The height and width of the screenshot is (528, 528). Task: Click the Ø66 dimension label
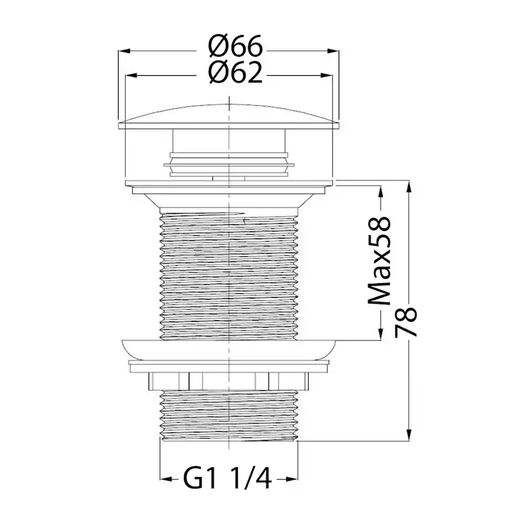(235, 47)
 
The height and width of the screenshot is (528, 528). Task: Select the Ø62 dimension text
(235, 72)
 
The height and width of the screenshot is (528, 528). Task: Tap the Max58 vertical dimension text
(379, 261)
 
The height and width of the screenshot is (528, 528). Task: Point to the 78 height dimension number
(406, 321)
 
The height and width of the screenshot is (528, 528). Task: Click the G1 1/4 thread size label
(228, 479)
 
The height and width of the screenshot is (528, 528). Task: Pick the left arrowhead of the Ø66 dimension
(124, 51)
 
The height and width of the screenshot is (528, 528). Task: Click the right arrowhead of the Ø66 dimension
(334, 51)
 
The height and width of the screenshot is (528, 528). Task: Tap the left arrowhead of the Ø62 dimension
(131, 76)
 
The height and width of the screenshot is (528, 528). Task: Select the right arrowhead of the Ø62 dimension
(326, 76)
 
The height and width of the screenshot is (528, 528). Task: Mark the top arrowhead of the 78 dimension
(409, 187)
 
